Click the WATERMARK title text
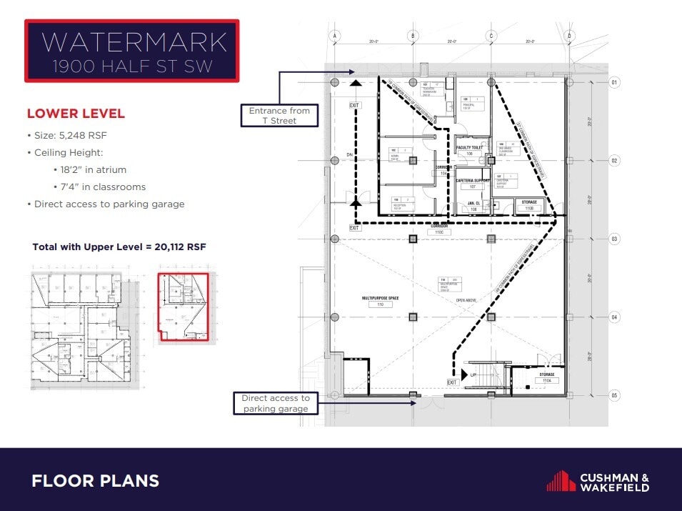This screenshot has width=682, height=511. [x=134, y=42]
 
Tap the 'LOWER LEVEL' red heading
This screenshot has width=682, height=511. [x=76, y=114]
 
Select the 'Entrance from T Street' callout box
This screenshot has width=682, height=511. [x=279, y=116]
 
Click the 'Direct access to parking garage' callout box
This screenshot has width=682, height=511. [x=275, y=403]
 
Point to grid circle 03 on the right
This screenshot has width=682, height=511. [x=615, y=239]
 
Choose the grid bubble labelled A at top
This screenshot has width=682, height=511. [x=334, y=35]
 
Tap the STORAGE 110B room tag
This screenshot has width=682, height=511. [x=528, y=206]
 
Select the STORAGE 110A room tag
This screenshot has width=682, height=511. [x=547, y=377]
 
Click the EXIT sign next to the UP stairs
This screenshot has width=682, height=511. [x=451, y=383]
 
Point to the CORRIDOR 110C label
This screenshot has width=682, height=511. [x=435, y=229]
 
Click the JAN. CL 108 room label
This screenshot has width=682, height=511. [x=472, y=206]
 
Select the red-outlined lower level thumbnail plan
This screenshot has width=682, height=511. [x=183, y=308]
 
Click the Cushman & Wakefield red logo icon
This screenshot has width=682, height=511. [x=561, y=480]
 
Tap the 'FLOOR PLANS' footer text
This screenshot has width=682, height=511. [x=95, y=481]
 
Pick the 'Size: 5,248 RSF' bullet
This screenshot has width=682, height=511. [x=74, y=135]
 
